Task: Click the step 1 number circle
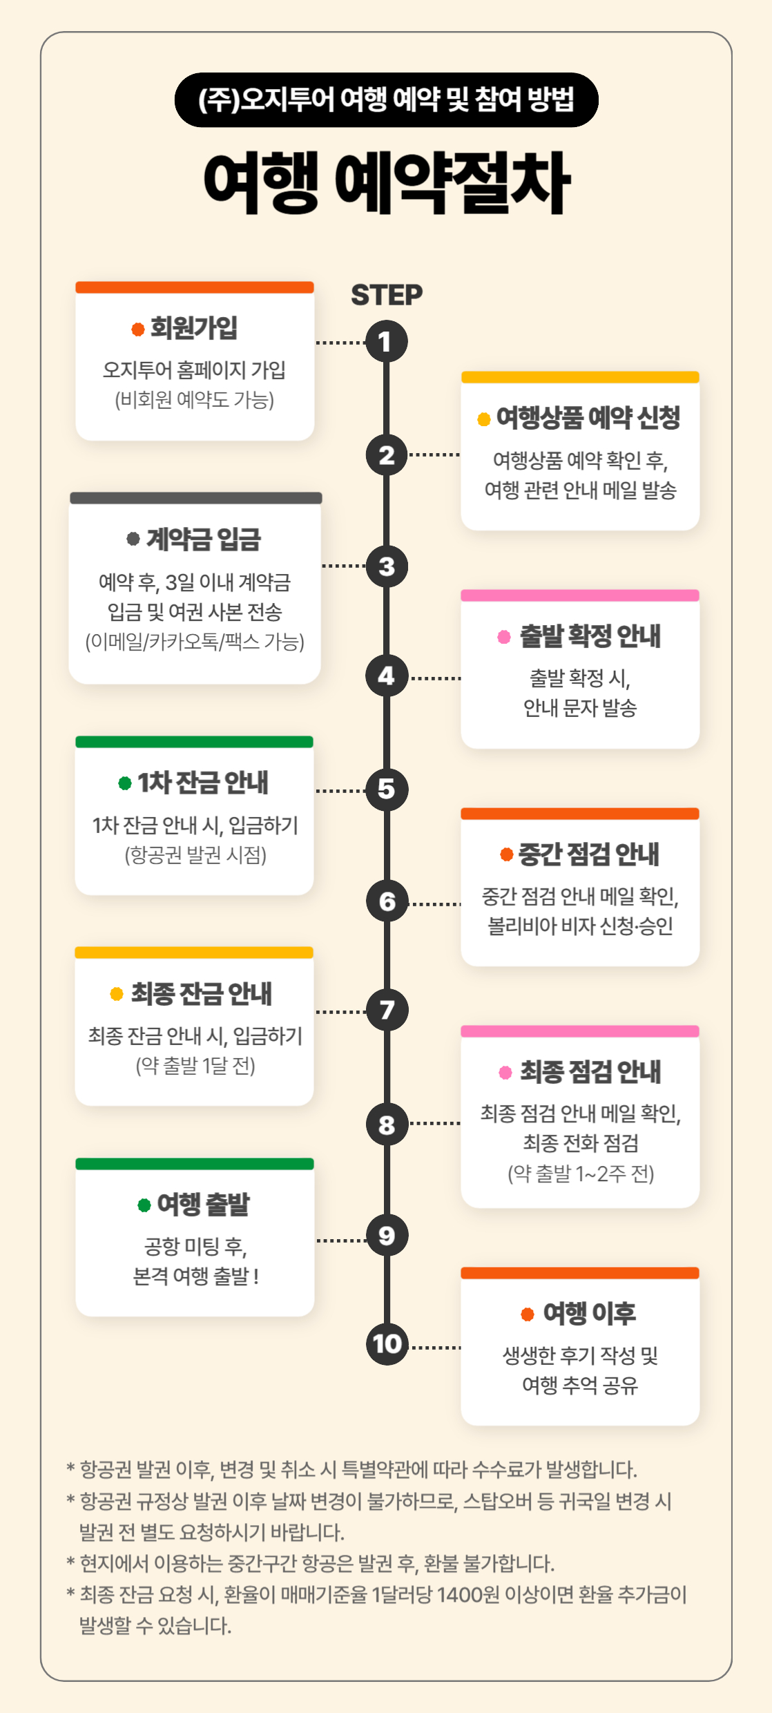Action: (387, 341)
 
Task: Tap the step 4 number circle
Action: (387, 676)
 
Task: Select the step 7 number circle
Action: (387, 1010)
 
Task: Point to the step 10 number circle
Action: (387, 1344)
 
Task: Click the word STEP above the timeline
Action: (387, 295)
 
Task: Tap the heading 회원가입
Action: (194, 327)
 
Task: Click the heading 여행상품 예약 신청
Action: (588, 417)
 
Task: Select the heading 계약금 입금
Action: (204, 539)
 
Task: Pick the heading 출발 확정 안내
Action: (590, 635)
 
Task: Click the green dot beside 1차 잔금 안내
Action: (125, 783)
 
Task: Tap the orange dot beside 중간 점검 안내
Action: (506, 854)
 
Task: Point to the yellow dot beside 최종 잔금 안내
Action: (117, 993)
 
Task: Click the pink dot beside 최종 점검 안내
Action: (505, 1072)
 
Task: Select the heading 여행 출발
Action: (204, 1204)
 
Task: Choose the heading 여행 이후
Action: (589, 1312)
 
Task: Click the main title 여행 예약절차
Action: (387, 182)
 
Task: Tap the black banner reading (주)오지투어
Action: (387, 99)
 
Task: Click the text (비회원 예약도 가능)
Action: (195, 400)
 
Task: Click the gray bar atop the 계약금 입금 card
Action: (196, 498)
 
